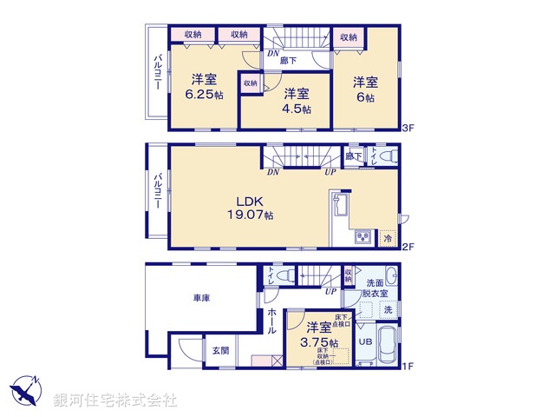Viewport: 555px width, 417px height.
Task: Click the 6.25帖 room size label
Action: (204, 95)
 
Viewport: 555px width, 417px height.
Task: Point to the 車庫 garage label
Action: (202, 298)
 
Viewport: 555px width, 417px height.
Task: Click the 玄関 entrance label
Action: (219, 350)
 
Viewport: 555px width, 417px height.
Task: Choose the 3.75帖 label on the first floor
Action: (317, 341)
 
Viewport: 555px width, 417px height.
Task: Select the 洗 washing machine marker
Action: (388, 309)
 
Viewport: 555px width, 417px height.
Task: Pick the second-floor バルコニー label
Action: (158, 192)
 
